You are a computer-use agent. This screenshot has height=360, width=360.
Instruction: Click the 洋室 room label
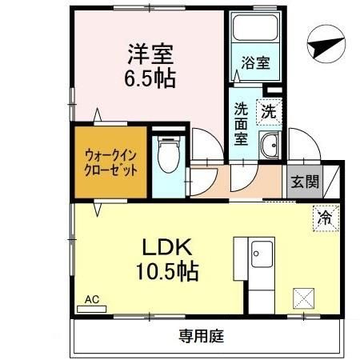[150, 56]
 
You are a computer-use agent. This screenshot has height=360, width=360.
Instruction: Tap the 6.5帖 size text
[150, 79]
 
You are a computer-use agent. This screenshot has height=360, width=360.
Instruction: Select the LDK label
[166, 245]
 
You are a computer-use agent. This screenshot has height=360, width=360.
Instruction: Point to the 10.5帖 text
[166, 270]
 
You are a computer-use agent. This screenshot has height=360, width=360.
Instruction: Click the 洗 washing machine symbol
[269, 112]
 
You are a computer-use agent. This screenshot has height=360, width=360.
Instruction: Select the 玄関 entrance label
[303, 180]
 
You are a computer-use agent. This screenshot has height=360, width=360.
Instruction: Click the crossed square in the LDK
[304, 297]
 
